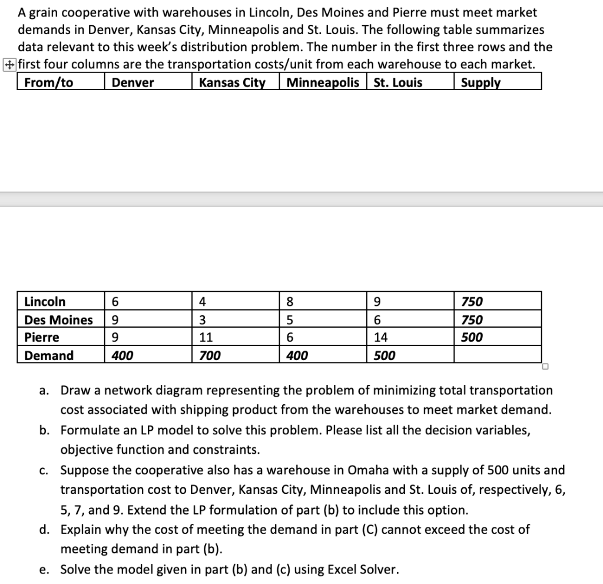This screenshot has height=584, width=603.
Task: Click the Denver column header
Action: click(133, 83)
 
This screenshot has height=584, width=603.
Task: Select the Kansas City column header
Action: click(232, 83)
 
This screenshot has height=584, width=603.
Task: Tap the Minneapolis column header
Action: click(323, 83)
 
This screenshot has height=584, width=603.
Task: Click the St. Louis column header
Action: click(398, 83)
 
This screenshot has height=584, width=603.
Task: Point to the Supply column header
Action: click(481, 83)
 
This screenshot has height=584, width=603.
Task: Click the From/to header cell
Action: click(49, 83)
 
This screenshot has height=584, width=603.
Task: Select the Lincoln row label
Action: click(45, 302)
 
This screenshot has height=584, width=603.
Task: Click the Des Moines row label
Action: click(58, 320)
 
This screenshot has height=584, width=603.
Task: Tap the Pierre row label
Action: click(42, 338)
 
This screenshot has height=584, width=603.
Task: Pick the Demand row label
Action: click(49, 355)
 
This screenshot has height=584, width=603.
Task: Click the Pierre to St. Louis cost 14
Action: click(381, 338)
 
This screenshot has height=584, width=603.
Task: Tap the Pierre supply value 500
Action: click(472, 338)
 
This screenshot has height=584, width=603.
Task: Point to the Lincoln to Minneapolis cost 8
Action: click(289, 302)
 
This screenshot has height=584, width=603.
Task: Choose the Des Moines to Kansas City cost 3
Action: click(203, 320)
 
